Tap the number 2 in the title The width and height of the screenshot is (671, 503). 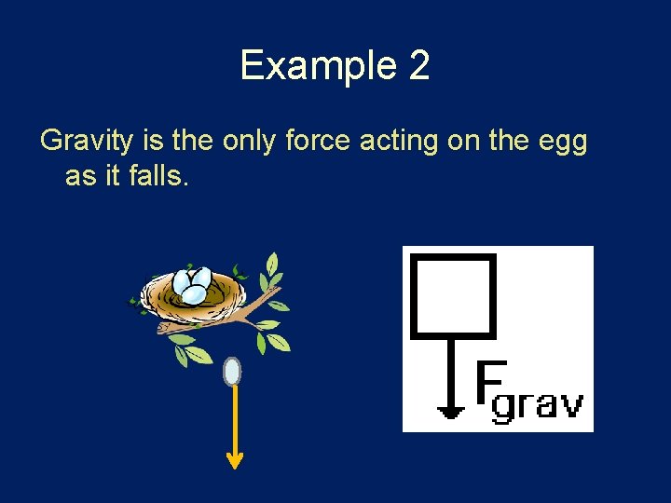pos(418,66)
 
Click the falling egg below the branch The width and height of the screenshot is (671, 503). pos(233,372)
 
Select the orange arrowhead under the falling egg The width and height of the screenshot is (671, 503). pos(234,459)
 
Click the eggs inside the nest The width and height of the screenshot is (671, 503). pos(194,285)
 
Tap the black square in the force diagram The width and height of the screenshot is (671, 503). pos(453,294)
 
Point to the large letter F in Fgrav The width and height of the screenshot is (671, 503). pos(490,384)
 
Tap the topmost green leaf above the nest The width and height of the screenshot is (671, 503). pos(272,264)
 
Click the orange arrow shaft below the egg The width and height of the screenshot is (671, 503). pos(234,419)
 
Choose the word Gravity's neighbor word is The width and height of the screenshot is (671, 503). pos(155,142)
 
